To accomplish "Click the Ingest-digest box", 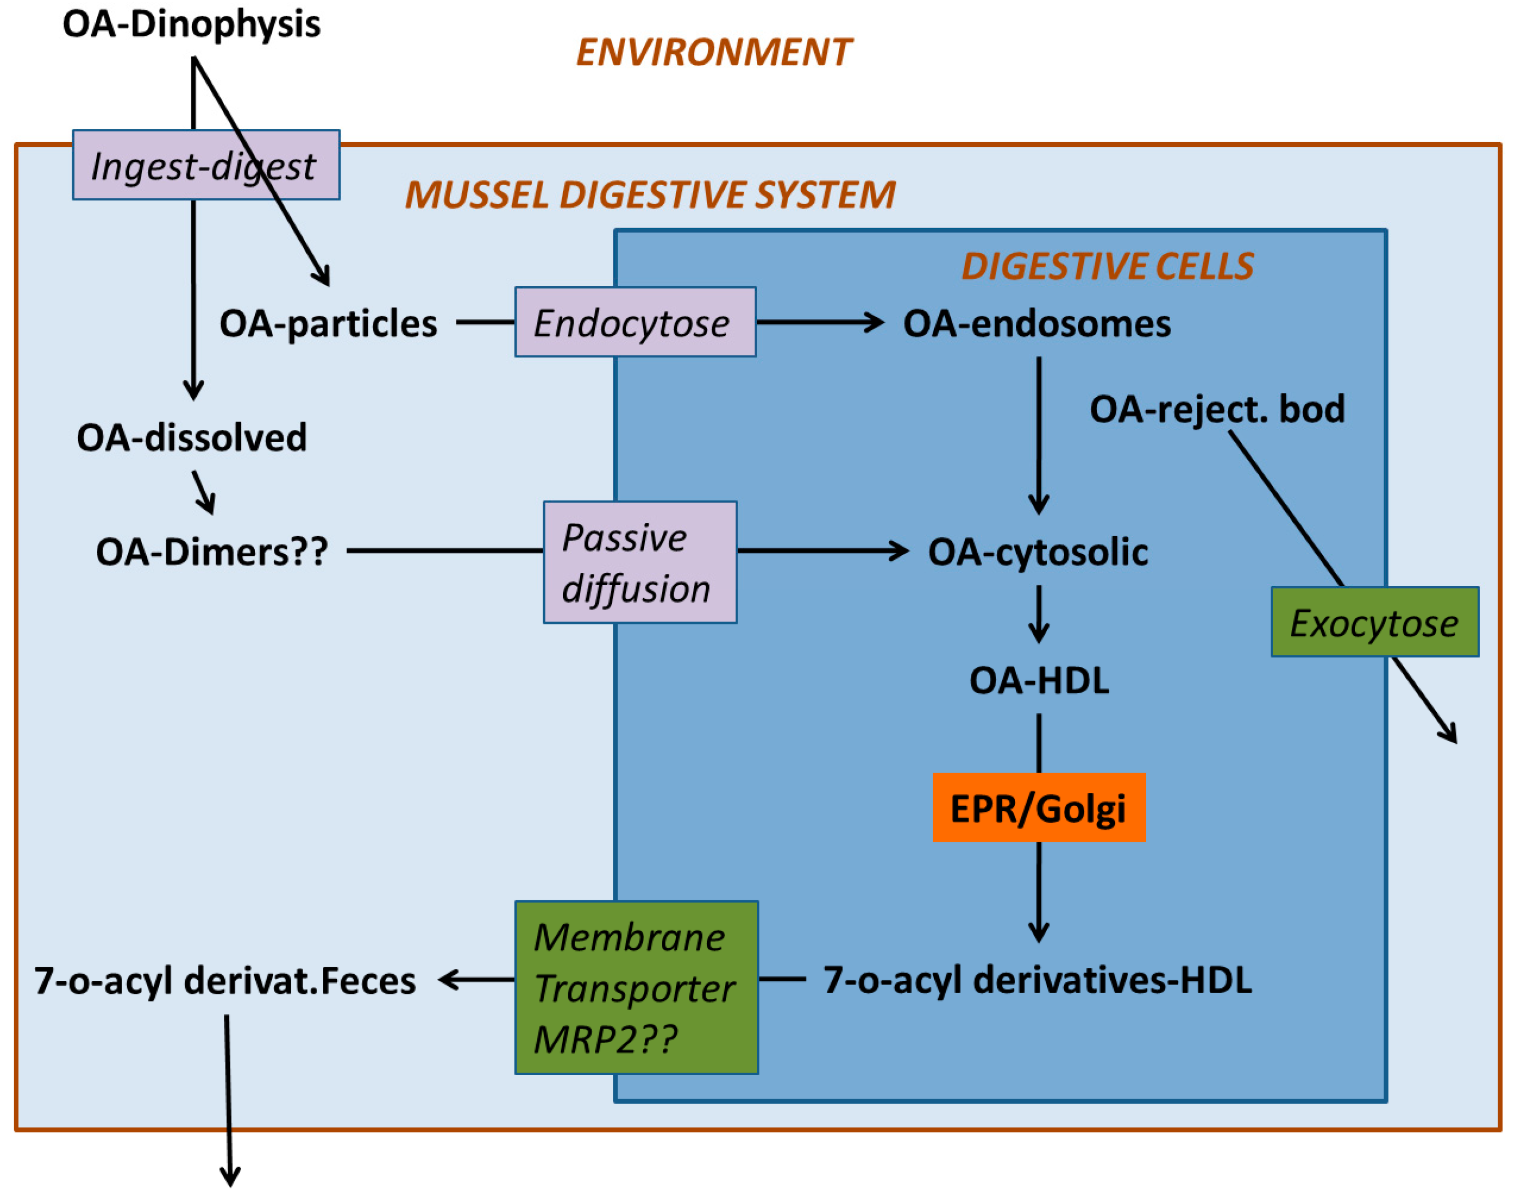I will pyautogui.click(x=206, y=165).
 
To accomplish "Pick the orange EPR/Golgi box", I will pyautogui.click(x=1038, y=807).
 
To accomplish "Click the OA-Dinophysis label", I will pyautogui.click(x=191, y=24).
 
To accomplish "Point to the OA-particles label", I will pyautogui.click(x=328, y=323).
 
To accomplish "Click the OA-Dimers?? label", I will pyautogui.click(x=211, y=551).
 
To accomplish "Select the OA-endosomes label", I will pyautogui.click(x=1036, y=323).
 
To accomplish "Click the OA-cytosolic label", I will pyautogui.click(x=1037, y=551).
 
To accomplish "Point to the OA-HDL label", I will pyautogui.click(x=1038, y=679).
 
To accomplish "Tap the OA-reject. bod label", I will pyautogui.click(x=1216, y=409).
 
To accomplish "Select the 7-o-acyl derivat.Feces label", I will pyautogui.click(x=225, y=980).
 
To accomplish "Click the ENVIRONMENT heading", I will pyautogui.click(x=713, y=52).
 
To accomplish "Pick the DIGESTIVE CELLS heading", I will pyautogui.click(x=1107, y=266).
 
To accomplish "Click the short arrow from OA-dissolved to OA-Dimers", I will pyautogui.click(x=204, y=491).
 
